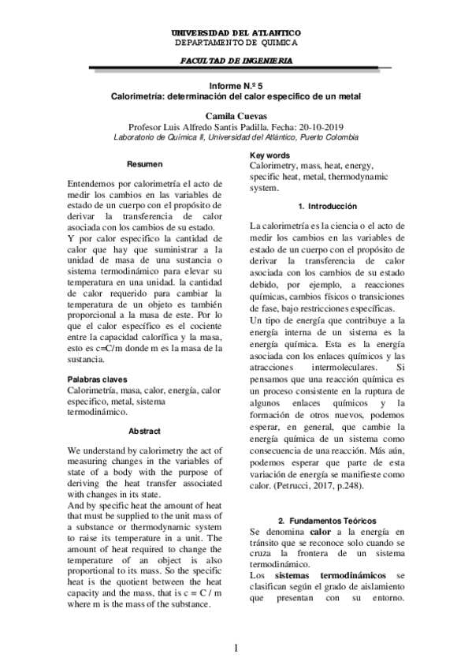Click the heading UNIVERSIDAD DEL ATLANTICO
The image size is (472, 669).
(236, 33)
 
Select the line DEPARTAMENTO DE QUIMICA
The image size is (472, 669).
(236, 43)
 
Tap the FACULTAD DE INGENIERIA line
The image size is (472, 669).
(236, 60)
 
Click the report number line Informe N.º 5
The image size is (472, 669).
(236, 84)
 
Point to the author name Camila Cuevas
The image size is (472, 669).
(236, 115)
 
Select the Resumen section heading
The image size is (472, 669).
(147, 165)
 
